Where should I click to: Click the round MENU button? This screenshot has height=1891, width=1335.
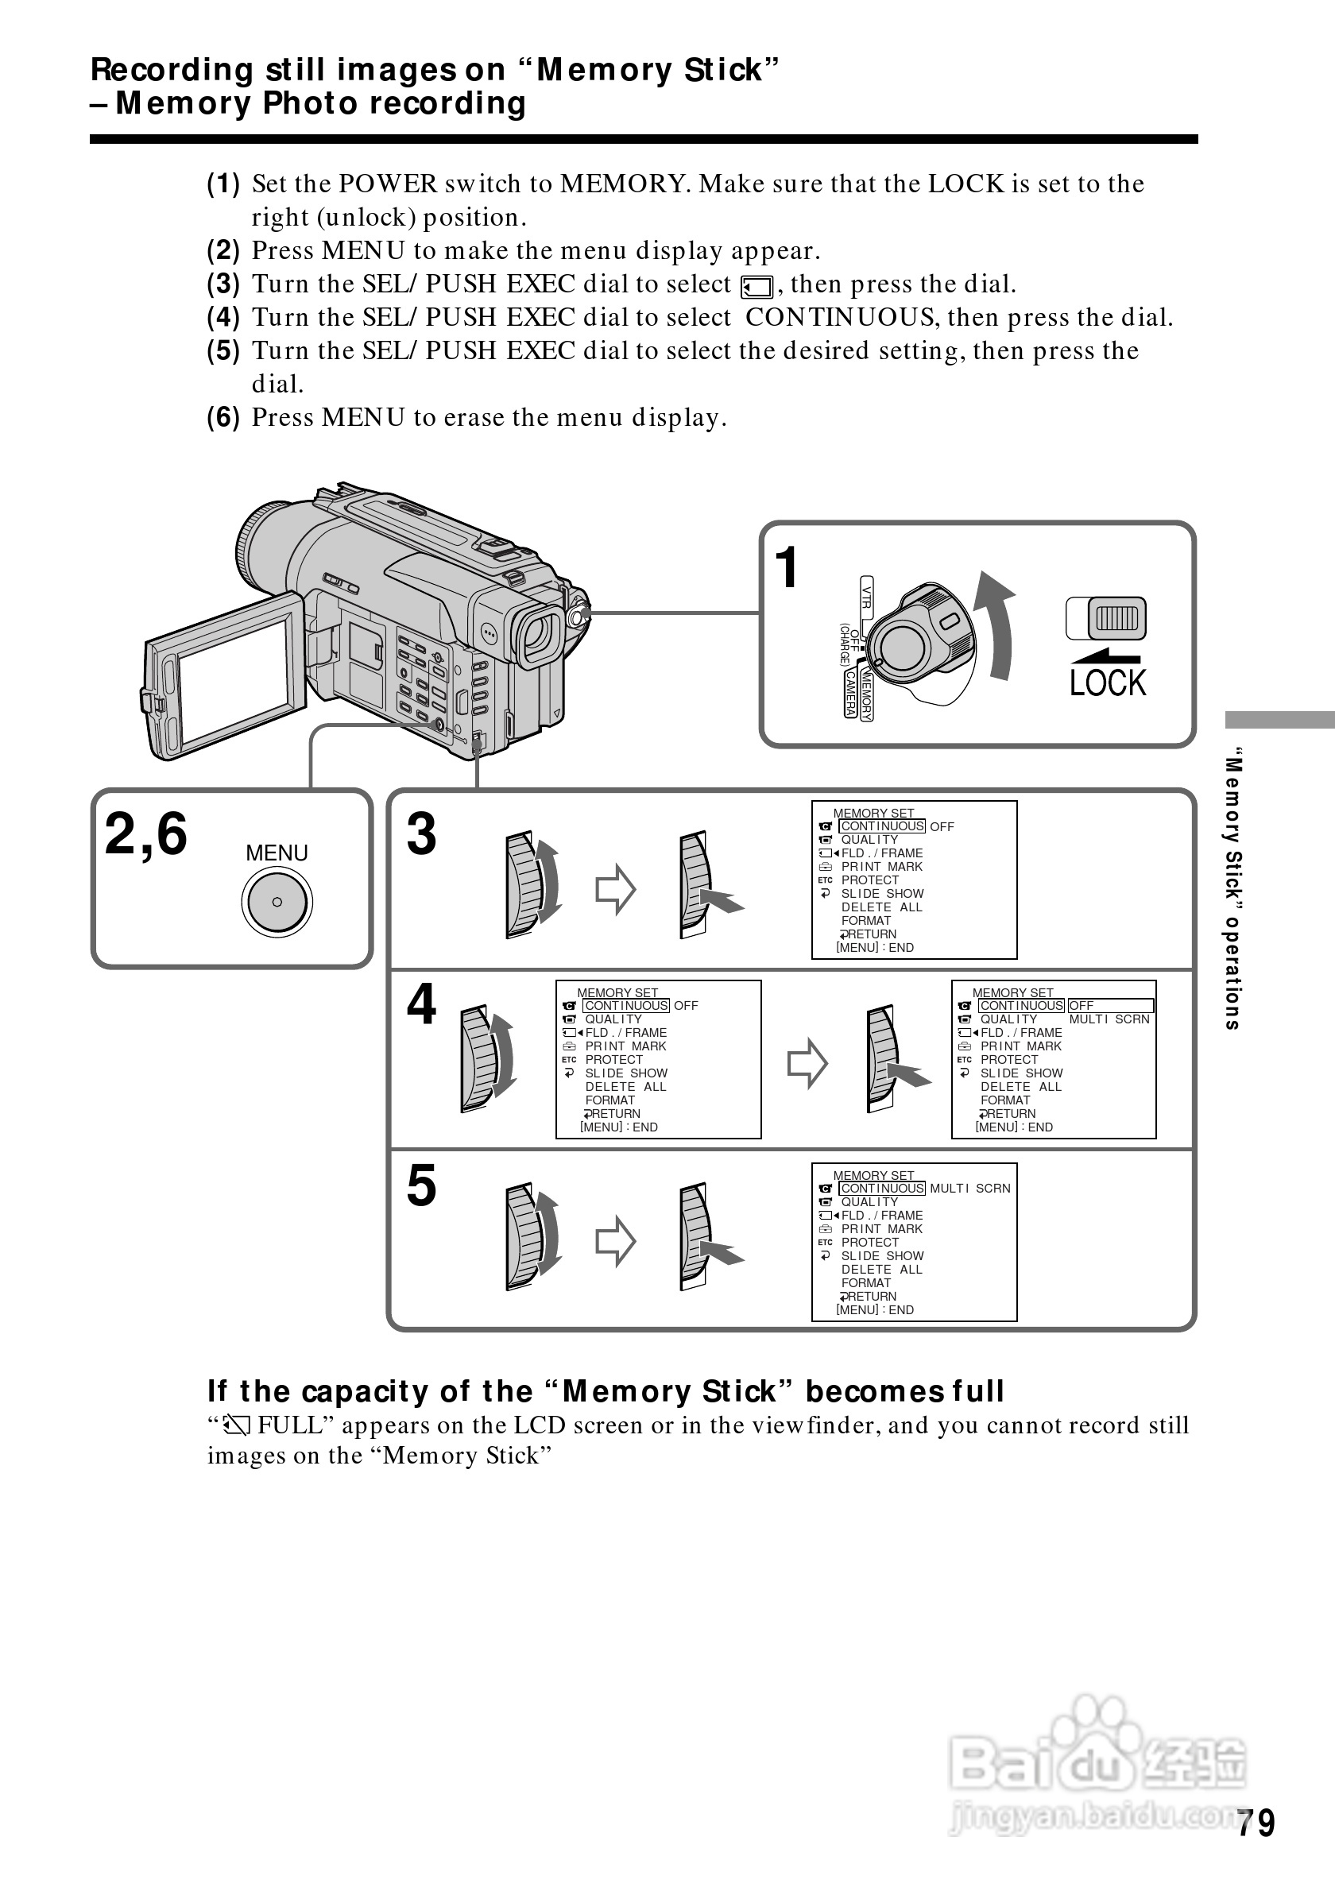click(x=277, y=902)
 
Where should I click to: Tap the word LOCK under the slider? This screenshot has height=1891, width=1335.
click(x=1107, y=683)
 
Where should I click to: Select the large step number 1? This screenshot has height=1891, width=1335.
click(x=787, y=567)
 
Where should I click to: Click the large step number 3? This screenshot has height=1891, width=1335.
click(x=421, y=833)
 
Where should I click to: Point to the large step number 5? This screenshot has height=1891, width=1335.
click(x=421, y=1186)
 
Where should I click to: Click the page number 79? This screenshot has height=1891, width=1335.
click(x=1255, y=1823)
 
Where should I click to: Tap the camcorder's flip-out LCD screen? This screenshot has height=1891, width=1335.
click(x=234, y=680)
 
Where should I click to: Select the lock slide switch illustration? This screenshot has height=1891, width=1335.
click(x=1107, y=618)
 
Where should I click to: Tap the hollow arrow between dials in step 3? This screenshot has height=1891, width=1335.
click(x=615, y=888)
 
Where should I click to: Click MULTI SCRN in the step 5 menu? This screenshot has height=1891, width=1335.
click(x=969, y=1189)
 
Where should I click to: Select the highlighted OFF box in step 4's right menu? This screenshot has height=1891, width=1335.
click(x=1109, y=1006)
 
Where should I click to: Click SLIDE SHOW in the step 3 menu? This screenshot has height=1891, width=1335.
click(x=882, y=894)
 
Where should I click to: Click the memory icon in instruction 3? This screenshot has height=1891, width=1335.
click(x=756, y=287)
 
